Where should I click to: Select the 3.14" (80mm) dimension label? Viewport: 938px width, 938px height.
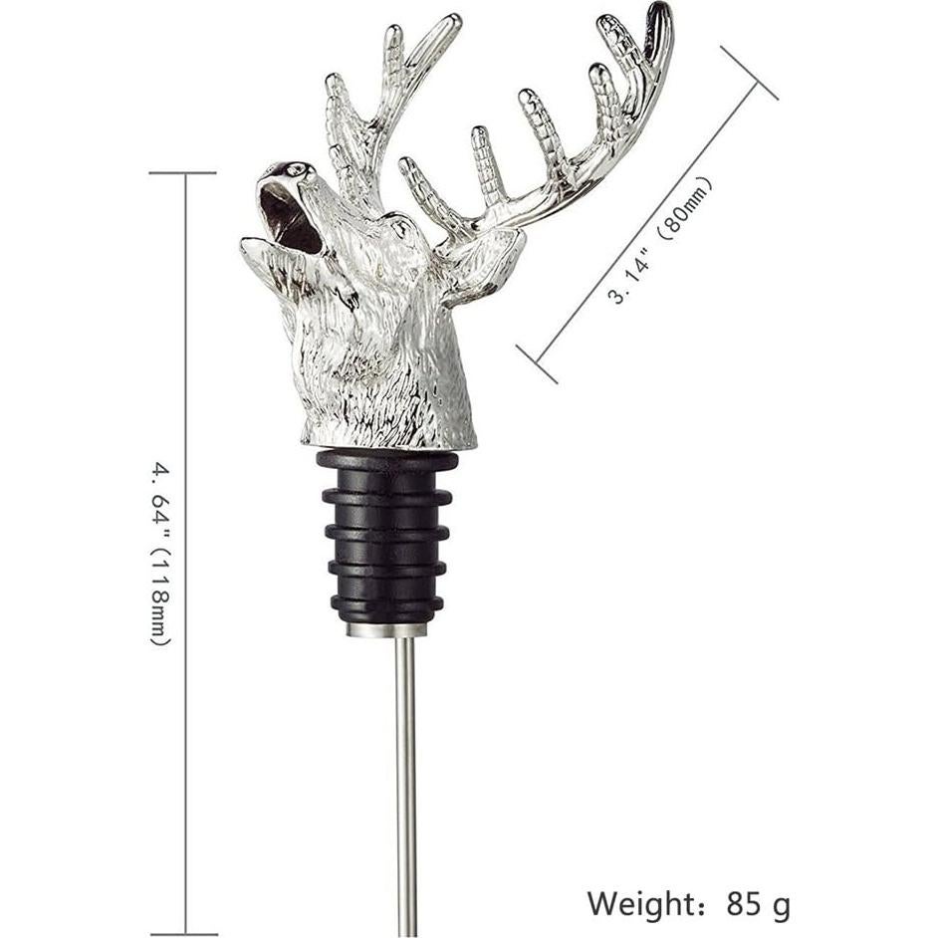[x=660, y=241]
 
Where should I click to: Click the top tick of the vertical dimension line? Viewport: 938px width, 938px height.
[x=183, y=173]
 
